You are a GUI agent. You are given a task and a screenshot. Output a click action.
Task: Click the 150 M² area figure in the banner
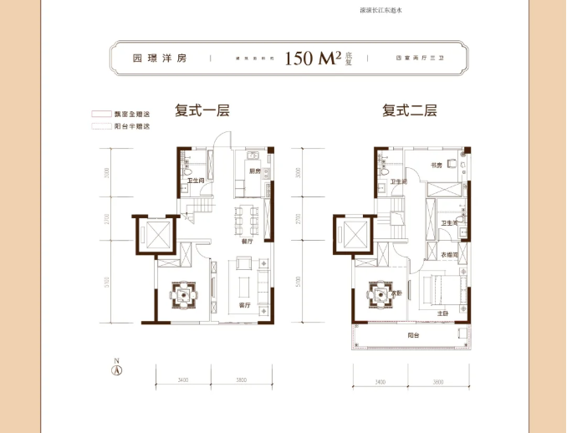pyautogui.click(x=312, y=59)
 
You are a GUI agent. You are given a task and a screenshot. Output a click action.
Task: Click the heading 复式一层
pyautogui.click(x=202, y=110)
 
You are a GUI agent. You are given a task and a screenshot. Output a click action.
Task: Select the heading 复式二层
pyautogui.click(x=410, y=110)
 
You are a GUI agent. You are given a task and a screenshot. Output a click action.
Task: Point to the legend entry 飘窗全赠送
pyautogui.click(x=134, y=114)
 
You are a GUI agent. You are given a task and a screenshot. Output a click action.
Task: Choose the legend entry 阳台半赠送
pyautogui.click(x=134, y=126)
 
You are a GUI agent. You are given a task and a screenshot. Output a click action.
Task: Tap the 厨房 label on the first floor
pyautogui.click(x=255, y=171)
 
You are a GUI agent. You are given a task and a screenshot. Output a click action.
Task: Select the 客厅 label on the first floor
pyautogui.click(x=244, y=306)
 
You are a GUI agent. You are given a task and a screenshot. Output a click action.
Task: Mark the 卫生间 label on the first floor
pyautogui.click(x=196, y=181)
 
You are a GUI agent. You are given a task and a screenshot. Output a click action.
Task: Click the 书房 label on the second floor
pyautogui.click(x=436, y=166)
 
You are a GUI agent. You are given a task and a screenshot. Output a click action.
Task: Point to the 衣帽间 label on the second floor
pyautogui.click(x=446, y=255)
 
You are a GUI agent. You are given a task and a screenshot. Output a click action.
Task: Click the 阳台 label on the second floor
pyautogui.click(x=413, y=335)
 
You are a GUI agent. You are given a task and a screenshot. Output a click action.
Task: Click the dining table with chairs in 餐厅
pyautogui.click(x=245, y=220)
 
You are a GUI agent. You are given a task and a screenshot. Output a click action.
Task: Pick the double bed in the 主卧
pyautogui.click(x=439, y=289)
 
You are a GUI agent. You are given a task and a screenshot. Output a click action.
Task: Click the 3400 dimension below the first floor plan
pyautogui.click(x=182, y=380)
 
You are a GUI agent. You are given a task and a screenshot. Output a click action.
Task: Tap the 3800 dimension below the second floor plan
pyautogui.click(x=437, y=380)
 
